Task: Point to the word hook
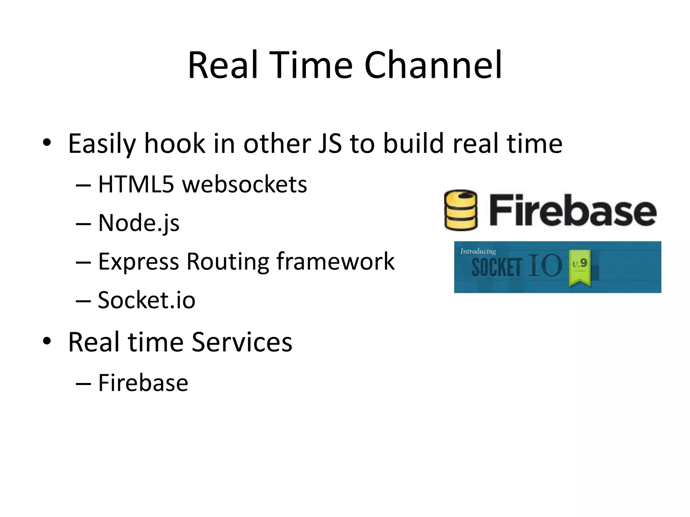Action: (x=175, y=143)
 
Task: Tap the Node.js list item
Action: (x=138, y=223)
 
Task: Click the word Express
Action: (x=138, y=262)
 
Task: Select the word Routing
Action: (x=228, y=262)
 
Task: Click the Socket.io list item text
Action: (x=146, y=300)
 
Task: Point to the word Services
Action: (x=242, y=342)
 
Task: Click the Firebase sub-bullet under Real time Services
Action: (x=143, y=383)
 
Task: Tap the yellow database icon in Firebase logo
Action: (x=461, y=210)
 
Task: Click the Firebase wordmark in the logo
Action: (x=572, y=210)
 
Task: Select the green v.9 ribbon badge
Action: (x=579, y=267)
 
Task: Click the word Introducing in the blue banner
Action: (x=478, y=251)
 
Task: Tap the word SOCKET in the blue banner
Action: (x=496, y=268)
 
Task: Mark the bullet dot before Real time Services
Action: (x=47, y=341)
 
